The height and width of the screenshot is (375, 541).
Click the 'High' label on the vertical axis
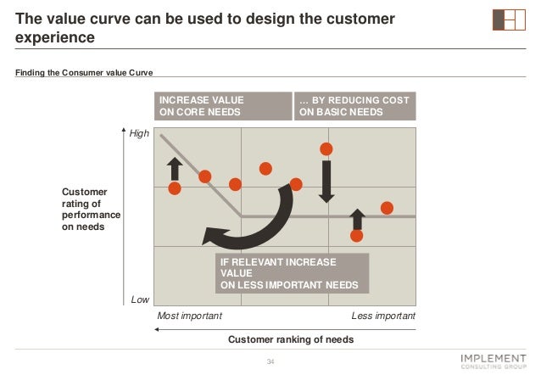coord(139,133)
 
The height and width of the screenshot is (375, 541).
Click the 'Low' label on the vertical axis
coord(140,299)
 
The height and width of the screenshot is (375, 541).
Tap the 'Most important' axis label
coord(190,316)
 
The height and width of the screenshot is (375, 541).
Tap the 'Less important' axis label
coord(383,316)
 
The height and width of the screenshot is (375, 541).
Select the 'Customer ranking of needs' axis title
coord(291,339)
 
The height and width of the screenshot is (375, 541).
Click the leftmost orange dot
coord(175,187)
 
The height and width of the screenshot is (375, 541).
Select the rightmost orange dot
coord(388,207)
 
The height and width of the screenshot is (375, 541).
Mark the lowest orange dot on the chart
coord(357,235)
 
